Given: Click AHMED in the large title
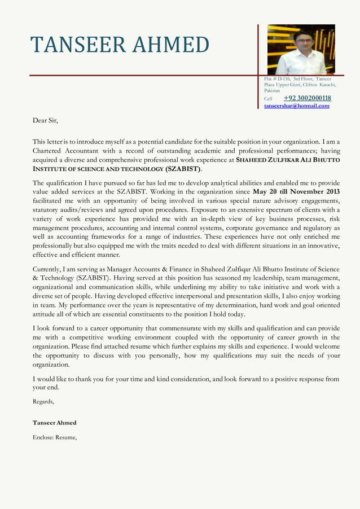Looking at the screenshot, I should click(x=169, y=45).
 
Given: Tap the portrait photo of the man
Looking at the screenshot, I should click(x=301, y=49).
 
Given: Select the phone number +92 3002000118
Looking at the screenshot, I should click(x=307, y=98).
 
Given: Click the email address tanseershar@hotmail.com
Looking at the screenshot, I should click(x=296, y=106).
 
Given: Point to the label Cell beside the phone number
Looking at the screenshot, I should click(x=268, y=99).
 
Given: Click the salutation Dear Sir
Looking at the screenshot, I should click(x=45, y=120).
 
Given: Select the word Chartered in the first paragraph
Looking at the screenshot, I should click(x=49, y=151).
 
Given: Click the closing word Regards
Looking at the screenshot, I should click(x=43, y=402).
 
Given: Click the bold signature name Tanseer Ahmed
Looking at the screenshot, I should click(x=55, y=423).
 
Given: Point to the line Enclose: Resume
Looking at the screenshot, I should click(x=54, y=437).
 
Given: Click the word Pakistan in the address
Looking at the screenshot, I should click(x=272, y=90).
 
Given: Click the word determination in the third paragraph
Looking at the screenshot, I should click(x=227, y=305).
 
